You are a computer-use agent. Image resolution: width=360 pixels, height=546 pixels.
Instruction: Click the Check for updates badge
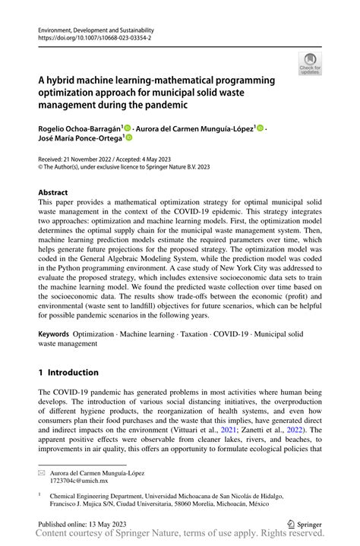tap(311, 65)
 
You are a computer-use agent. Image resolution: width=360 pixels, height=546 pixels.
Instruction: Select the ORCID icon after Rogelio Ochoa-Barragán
tap(128, 128)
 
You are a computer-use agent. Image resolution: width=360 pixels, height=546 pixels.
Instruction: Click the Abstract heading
tap(52, 193)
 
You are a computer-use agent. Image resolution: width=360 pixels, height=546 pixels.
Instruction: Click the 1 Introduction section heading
tap(68, 373)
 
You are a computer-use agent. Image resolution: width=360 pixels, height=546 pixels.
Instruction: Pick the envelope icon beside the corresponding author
tap(42, 472)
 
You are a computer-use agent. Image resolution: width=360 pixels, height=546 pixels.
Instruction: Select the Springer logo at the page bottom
tap(304, 523)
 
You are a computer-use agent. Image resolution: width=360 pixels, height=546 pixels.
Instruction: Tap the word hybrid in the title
tap(62, 80)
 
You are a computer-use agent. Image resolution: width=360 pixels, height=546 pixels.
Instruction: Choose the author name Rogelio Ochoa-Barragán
tap(78, 128)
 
